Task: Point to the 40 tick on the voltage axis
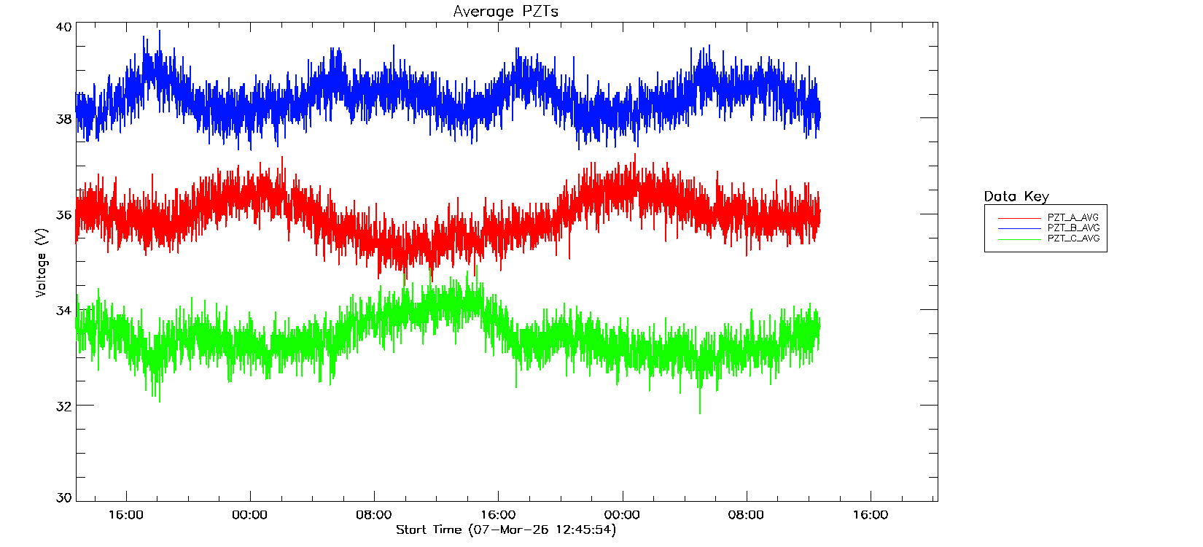coord(64,27)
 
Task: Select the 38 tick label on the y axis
coord(64,119)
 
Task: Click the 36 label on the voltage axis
coord(64,215)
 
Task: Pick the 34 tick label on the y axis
coord(64,311)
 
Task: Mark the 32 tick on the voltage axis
coord(64,406)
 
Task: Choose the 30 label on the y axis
coord(64,498)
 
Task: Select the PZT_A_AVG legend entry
coord(1072,217)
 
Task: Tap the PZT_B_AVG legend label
coord(1072,228)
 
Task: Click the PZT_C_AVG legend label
coord(1072,238)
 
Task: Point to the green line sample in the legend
coord(1019,239)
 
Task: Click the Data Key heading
coord(1016,196)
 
